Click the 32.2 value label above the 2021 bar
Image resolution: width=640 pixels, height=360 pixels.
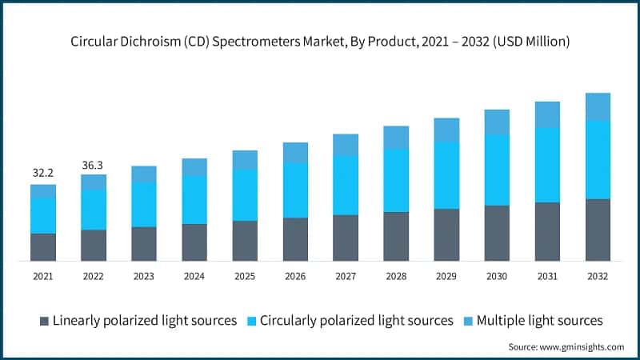coord(43,172)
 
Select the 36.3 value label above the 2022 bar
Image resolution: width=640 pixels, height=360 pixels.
coord(94,166)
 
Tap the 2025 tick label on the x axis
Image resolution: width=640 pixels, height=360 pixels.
coord(245,276)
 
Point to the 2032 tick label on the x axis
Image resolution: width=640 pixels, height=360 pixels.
coord(598,276)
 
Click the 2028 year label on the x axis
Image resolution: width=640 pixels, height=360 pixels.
coord(396,276)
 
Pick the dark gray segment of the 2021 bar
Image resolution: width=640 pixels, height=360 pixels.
coord(43,247)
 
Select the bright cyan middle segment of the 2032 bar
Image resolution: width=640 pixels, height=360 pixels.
coord(598,160)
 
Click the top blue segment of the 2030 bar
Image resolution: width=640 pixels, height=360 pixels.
coord(497,122)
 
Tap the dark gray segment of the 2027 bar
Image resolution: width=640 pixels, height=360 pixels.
coord(346,238)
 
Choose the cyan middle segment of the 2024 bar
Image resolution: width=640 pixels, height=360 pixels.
coord(194,200)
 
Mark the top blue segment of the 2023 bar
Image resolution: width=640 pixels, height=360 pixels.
coord(144,174)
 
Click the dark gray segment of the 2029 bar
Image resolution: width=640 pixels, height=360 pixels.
coord(446,234)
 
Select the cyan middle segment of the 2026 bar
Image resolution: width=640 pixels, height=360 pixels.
coord(295,190)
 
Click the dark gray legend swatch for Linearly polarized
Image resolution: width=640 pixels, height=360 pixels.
coord(44,321)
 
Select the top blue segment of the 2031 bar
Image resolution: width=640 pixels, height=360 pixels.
coord(547,115)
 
